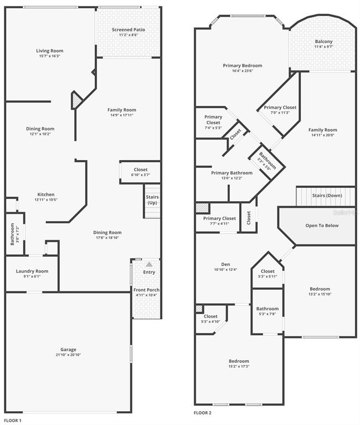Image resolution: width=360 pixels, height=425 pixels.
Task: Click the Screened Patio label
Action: [128, 29]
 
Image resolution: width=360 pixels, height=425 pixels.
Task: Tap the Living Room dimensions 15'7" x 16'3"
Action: [50, 56]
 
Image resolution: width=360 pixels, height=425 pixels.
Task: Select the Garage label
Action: [68, 350]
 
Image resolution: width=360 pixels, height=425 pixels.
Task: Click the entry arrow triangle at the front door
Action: [149, 264]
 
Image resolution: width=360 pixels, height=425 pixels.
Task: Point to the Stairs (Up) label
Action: [152, 200]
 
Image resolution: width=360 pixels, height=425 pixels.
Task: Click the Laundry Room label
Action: [32, 271]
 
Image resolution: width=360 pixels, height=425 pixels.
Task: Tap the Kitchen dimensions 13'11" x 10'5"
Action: [46, 200]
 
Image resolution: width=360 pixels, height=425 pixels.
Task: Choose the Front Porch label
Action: [147, 290]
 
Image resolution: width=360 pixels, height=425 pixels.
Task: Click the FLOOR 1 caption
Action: [13, 421]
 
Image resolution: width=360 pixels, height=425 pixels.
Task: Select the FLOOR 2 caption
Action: [203, 413]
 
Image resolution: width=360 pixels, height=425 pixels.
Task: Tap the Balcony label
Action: [323, 42]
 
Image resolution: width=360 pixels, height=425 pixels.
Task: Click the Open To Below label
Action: [322, 226]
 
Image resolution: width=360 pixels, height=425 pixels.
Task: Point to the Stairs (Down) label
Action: [327, 196]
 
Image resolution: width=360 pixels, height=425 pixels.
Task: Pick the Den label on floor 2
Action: [225, 264]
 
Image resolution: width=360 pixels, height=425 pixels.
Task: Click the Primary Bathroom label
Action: [232, 173]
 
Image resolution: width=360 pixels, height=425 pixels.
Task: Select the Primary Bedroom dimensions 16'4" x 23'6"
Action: [243, 71]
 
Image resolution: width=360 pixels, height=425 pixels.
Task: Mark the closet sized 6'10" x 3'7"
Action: [141, 172]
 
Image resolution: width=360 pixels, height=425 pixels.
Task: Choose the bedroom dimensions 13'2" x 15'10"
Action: [320, 294]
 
